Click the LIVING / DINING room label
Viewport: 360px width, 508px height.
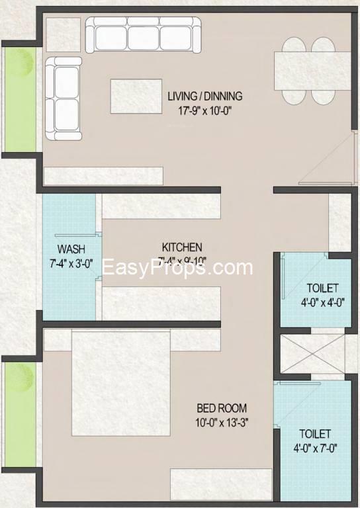(204, 96)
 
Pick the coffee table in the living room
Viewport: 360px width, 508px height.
(136, 96)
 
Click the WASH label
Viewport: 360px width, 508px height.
(69, 249)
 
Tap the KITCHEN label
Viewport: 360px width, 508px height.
(182, 247)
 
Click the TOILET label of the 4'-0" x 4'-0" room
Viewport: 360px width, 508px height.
(322, 288)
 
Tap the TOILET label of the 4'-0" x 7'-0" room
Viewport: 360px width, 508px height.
(314, 434)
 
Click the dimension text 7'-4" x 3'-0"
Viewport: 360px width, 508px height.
(69, 263)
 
